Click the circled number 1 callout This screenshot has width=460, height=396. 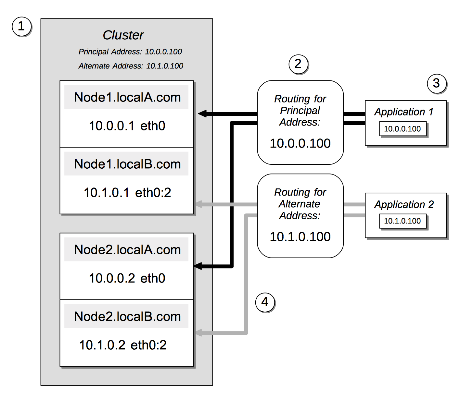[21, 26]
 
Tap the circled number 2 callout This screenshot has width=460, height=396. [298, 64]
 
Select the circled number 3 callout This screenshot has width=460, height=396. [436, 83]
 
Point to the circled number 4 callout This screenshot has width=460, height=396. [265, 302]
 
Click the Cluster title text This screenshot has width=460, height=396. [123, 35]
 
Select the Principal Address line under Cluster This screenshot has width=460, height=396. [130, 52]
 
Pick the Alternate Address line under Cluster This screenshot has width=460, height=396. [131, 66]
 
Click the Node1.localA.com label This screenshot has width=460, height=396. [127, 97]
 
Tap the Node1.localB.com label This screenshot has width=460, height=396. [127, 164]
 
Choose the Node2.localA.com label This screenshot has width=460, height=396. [127, 250]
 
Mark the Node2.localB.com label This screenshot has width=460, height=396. [127, 317]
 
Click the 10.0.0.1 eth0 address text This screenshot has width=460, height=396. [127, 126]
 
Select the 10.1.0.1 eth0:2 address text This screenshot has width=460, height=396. [127, 193]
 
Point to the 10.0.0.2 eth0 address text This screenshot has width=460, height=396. [127, 278]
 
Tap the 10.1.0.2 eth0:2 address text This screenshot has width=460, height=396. [123, 345]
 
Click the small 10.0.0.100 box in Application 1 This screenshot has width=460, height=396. [402, 129]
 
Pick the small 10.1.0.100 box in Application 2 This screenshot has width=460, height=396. [402, 221]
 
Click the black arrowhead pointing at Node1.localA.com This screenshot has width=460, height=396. [203, 114]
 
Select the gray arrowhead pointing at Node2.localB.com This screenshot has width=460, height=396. [198, 333]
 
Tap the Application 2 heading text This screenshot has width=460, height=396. [404, 205]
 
